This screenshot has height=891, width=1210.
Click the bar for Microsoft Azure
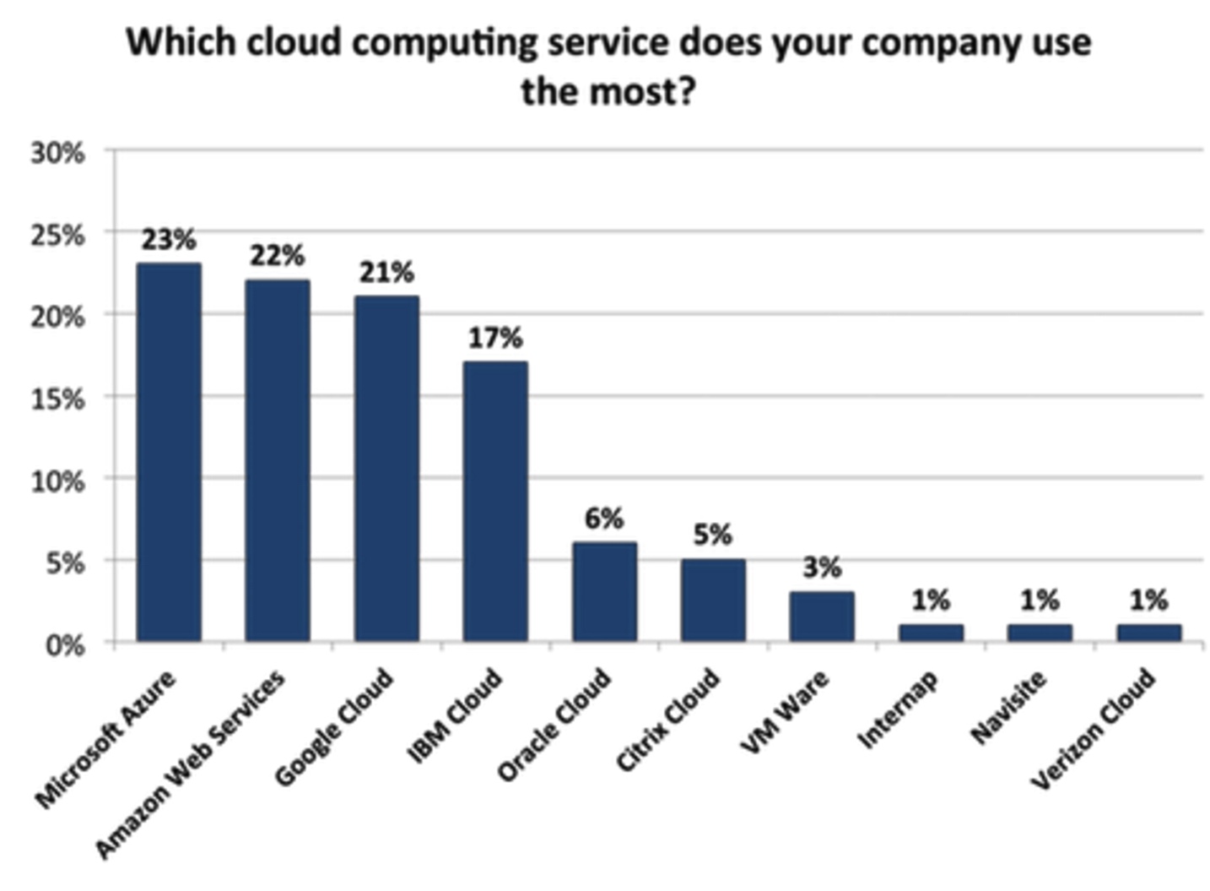point(169,453)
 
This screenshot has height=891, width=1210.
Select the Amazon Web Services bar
point(278,461)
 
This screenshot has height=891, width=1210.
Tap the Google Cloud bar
point(386,469)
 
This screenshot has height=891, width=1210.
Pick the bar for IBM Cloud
point(495,502)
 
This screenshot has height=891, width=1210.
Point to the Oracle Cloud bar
point(604,592)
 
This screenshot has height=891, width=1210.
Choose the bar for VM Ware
point(822,617)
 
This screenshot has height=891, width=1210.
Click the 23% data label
point(169,240)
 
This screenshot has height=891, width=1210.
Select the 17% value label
point(495,338)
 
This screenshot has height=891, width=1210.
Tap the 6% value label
point(604,519)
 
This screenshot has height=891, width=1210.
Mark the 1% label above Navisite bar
point(1040,600)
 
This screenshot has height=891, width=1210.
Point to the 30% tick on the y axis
point(58,153)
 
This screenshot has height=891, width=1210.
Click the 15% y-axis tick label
point(58,399)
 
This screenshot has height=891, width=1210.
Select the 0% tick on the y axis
point(64,645)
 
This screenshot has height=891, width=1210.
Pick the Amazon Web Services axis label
point(191,764)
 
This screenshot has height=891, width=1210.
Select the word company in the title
point(932,43)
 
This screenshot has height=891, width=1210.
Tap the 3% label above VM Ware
point(822,568)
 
